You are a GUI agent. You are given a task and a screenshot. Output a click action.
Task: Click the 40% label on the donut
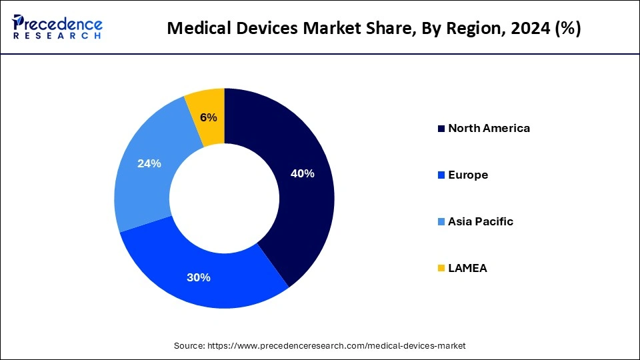click(x=302, y=174)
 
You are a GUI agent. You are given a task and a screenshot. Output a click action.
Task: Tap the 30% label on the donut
click(x=199, y=277)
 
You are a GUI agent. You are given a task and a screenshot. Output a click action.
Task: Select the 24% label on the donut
click(x=149, y=163)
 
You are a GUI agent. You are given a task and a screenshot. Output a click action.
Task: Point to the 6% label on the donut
click(x=208, y=117)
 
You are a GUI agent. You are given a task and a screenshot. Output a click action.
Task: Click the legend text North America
click(x=489, y=128)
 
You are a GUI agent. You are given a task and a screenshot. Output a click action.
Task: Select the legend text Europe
click(x=468, y=175)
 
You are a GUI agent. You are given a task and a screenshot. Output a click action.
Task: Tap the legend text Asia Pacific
click(x=481, y=221)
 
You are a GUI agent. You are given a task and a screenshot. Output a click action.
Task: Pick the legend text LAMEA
click(x=467, y=268)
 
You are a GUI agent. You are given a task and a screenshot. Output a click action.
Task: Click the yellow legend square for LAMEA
click(x=441, y=269)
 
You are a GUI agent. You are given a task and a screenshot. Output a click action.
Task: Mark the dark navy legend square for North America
click(x=441, y=129)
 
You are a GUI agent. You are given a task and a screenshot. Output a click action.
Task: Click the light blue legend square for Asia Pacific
click(x=441, y=222)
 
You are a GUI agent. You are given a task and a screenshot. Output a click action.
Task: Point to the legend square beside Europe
click(x=441, y=175)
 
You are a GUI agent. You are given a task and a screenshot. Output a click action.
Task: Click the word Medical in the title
click(x=193, y=29)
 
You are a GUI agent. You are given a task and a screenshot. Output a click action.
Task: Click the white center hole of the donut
click(x=224, y=198)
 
